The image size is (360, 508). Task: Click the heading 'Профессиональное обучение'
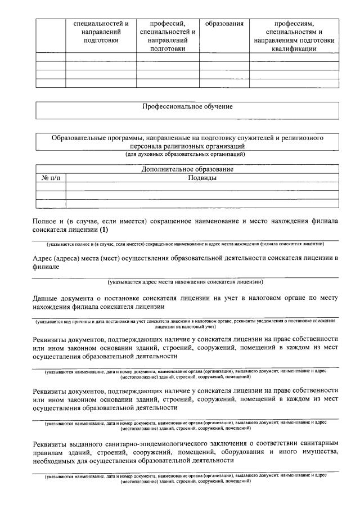tap(187, 106)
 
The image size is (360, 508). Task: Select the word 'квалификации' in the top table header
tap(294, 48)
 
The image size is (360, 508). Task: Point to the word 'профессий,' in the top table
tap(168, 24)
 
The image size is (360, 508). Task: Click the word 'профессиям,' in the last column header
tap(294, 24)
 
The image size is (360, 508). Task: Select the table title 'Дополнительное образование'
tap(187, 169)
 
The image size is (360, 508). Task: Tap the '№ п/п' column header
tap(51, 177)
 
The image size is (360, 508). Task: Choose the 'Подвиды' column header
tap(202, 177)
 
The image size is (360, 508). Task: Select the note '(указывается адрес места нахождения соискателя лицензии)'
tap(186, 282)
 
